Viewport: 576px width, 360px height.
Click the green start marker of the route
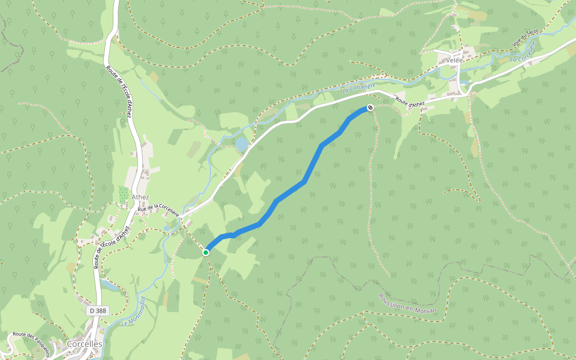[x=206, y=253]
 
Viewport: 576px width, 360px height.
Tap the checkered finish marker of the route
[x=370, y=108]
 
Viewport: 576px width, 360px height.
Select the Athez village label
[x=140, y=197]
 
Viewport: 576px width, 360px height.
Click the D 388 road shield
[x=97, y=311]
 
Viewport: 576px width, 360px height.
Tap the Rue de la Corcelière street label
[x=158, y=210]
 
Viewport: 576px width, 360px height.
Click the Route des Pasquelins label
[x=30, y=343]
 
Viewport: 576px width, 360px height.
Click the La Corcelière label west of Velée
[x=358, y=88]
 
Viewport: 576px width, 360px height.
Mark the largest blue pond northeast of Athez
[x=242, y=144]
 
